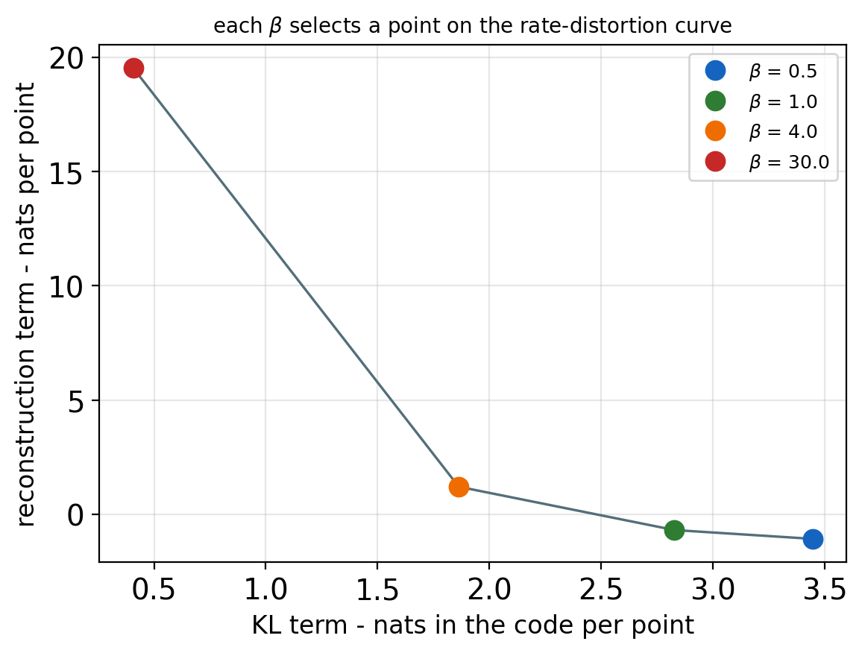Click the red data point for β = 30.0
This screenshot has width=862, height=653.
pyautogui.click(x=133, y=68)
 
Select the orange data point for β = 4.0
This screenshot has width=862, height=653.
pyautogui.click(x=459, y=487)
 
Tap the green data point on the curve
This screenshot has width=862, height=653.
pyautogui.click(x=674, y=530)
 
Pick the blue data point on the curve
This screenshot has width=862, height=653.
pyautogui.click(x=813, y=539)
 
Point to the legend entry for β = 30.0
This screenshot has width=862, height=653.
pyautogui.click(x=767, y=162)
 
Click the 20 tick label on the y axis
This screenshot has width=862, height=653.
pyautogui.click(x=66, y=57)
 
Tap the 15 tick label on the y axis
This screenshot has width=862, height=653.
pyautogui.click(x=66, y=171)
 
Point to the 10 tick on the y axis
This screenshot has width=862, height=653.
pyautogui.click(x=66, y=286)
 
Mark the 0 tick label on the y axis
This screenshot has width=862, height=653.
pyautogui.click(x=75, y=514)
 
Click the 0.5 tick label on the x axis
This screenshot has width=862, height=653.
pyautogui.click(x=154, y=590)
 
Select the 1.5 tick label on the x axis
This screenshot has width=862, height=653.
pyautogui.click(x=377, y=590)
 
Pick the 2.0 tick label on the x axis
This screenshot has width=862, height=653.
pyautogui.click(x=488, y=590)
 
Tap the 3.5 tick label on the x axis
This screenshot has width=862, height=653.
pyautogui.click(x=824, y=590)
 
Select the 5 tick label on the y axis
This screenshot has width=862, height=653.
pyautogui.click(x=75, y=400)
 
